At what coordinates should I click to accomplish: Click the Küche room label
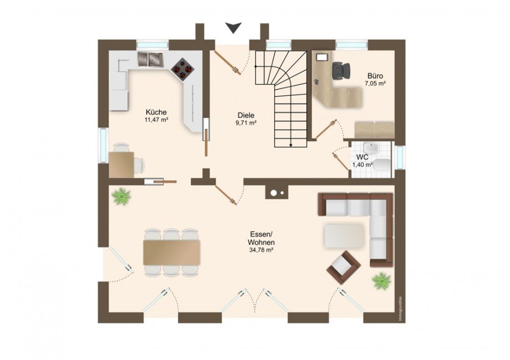(x=156, y=112)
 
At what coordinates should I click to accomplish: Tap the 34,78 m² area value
(x=261, y=250)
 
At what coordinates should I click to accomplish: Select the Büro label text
(x=375, y=76)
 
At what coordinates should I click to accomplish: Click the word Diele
(x=246, y=115)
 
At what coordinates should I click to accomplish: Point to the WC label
(x=362, y=157)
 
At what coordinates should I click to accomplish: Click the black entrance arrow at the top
(x=234, y=28)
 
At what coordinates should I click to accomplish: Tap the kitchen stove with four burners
(x=182, y=69)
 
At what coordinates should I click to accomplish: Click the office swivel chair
(x=341, y=70)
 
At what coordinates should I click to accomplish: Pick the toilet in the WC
(x=382, y=164)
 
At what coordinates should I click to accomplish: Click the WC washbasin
(x=371, y=148)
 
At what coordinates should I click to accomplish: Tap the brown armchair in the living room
(x=344, y=267)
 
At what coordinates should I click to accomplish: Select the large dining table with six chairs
(x=171, y=253)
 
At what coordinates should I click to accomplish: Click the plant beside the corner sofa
(x=381, y=281)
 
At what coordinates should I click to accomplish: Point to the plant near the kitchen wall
(x=121, y=196)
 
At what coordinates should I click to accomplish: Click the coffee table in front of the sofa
(x=344, y=236)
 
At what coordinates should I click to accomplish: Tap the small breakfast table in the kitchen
(x=121, y=164)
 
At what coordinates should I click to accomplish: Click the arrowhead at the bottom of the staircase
(x=291, y=145)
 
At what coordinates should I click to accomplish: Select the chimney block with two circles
(x=277, y=192)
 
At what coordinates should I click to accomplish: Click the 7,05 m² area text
(x=375, y=84)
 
